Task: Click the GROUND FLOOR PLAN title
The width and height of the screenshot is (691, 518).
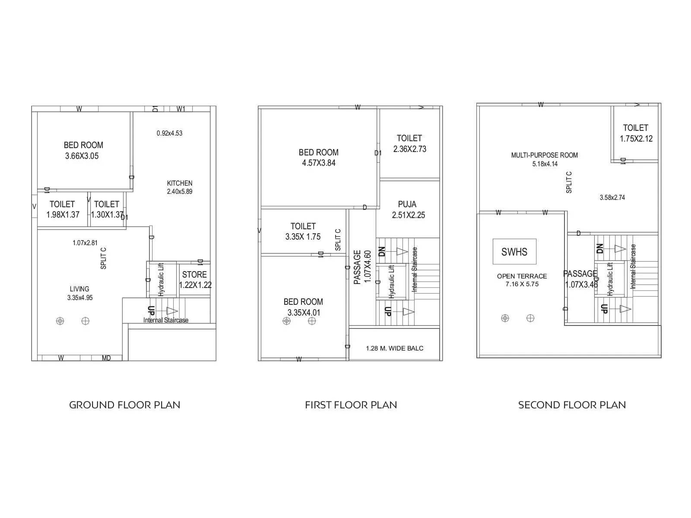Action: (x=124, y=405)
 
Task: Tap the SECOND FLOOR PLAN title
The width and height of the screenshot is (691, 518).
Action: (x=572, y=405)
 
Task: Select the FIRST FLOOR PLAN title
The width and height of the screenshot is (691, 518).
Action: (x=351, y=405)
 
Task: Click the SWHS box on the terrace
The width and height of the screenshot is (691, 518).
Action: (x=514, y=252)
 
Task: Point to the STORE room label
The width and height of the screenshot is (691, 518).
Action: (x=194, y=275)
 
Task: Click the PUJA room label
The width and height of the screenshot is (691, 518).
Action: (x=407, y=204)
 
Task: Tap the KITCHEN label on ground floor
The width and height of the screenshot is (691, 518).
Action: (x=180, y=183)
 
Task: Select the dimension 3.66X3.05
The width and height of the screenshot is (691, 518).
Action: (x=82, y=156)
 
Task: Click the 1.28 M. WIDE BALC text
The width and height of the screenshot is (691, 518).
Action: (x=395, y=348)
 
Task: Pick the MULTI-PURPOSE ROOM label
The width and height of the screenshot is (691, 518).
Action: (x=544, y=155)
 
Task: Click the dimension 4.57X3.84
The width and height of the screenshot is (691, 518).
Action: (x=319, y=163)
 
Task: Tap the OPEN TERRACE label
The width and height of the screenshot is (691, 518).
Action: (x=522, y=276)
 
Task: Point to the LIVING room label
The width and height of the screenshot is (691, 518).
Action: (x=79, y=289)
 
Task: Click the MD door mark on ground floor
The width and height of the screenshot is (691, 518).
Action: (x=106, y=358)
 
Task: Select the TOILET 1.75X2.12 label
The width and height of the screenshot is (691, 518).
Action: (x=636, y=133)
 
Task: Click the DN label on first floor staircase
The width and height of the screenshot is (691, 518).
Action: (x=382, y=252)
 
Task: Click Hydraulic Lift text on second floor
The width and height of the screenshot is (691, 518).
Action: (x=610, y=279)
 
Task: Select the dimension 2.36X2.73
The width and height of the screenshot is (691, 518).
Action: (x=409, y=149)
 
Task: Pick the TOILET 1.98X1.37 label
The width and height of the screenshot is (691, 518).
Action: (x=63, y=209)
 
